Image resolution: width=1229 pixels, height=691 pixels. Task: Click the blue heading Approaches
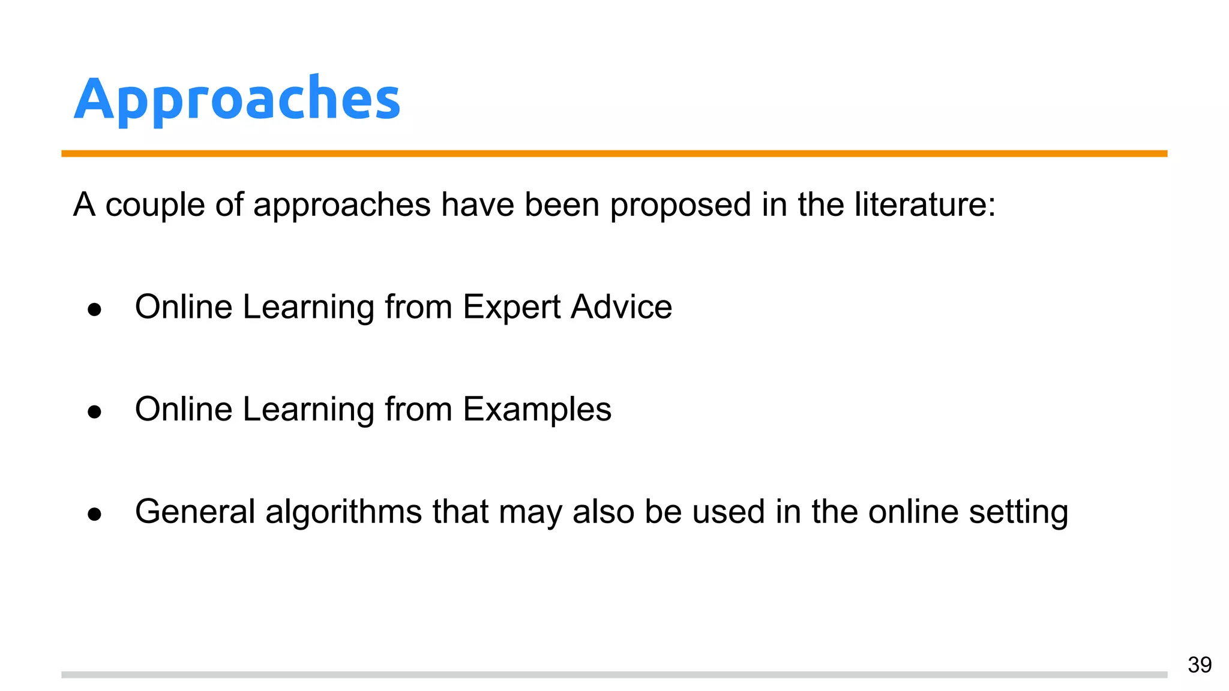237,99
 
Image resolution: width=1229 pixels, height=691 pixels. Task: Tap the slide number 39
1200,665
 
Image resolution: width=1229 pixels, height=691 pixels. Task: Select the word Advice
621,307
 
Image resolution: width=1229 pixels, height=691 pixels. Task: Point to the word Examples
537,410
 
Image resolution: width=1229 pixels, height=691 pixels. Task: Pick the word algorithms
343,513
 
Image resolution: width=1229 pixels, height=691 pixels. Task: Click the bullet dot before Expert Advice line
94,310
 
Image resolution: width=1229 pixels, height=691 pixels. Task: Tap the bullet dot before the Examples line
94,412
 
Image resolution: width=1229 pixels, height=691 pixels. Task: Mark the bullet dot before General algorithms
94,514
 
